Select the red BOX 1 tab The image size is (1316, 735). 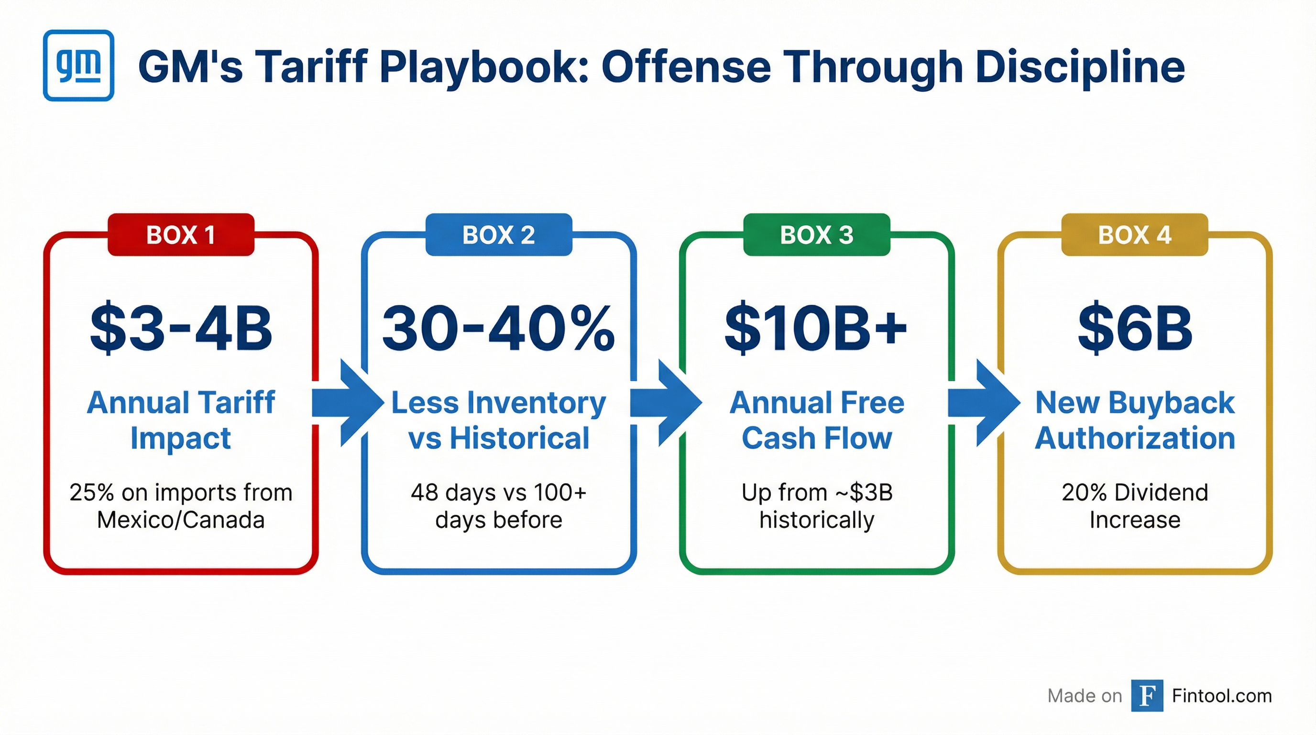[x=181, y=235]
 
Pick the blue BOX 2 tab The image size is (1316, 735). [x=499, y=235]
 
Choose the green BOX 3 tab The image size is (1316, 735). [x=816, y=235]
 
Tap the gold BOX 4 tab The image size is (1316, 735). [x=1135, y=235]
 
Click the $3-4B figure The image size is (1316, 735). [x=181, y=329]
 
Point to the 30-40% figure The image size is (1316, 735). [x=499, y=329]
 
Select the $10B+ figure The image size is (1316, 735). [x=816, y=329]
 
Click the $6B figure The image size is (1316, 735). [x=1135, y=329]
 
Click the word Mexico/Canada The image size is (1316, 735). [x=181, y=520]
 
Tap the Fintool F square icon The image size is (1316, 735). [x=1147, y=696]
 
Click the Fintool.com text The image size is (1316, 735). [x=1221, y=696]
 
